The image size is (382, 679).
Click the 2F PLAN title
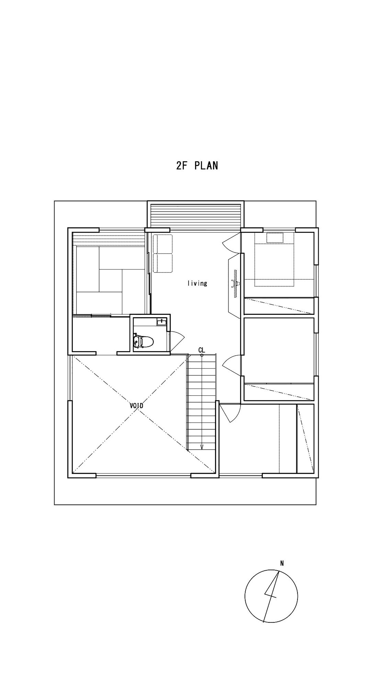coord(197,165)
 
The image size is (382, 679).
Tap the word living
coord(197,283)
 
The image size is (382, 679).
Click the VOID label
coord(136,406)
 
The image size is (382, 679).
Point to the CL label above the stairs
coord(202,350)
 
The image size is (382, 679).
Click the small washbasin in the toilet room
coord(161,322)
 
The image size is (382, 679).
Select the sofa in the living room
coord(163,253)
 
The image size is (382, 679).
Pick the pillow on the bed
coord(275,237)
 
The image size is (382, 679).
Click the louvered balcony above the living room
coord(196,215)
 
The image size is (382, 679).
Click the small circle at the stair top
coord(202,355)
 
